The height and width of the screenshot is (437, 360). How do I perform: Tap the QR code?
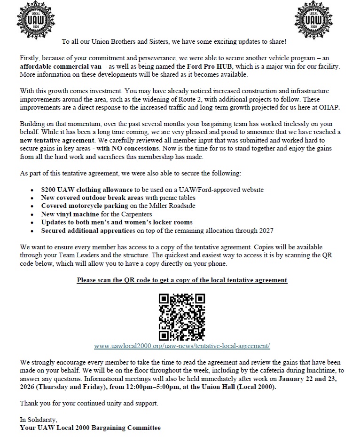click(182, 317)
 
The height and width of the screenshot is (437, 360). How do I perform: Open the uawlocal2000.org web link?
click(182, 346)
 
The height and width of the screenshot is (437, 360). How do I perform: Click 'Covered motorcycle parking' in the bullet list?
click(84, 206)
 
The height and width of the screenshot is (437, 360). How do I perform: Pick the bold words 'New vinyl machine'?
click(68, 214)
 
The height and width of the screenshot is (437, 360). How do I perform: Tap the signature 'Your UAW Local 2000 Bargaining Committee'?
click(90, 428)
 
